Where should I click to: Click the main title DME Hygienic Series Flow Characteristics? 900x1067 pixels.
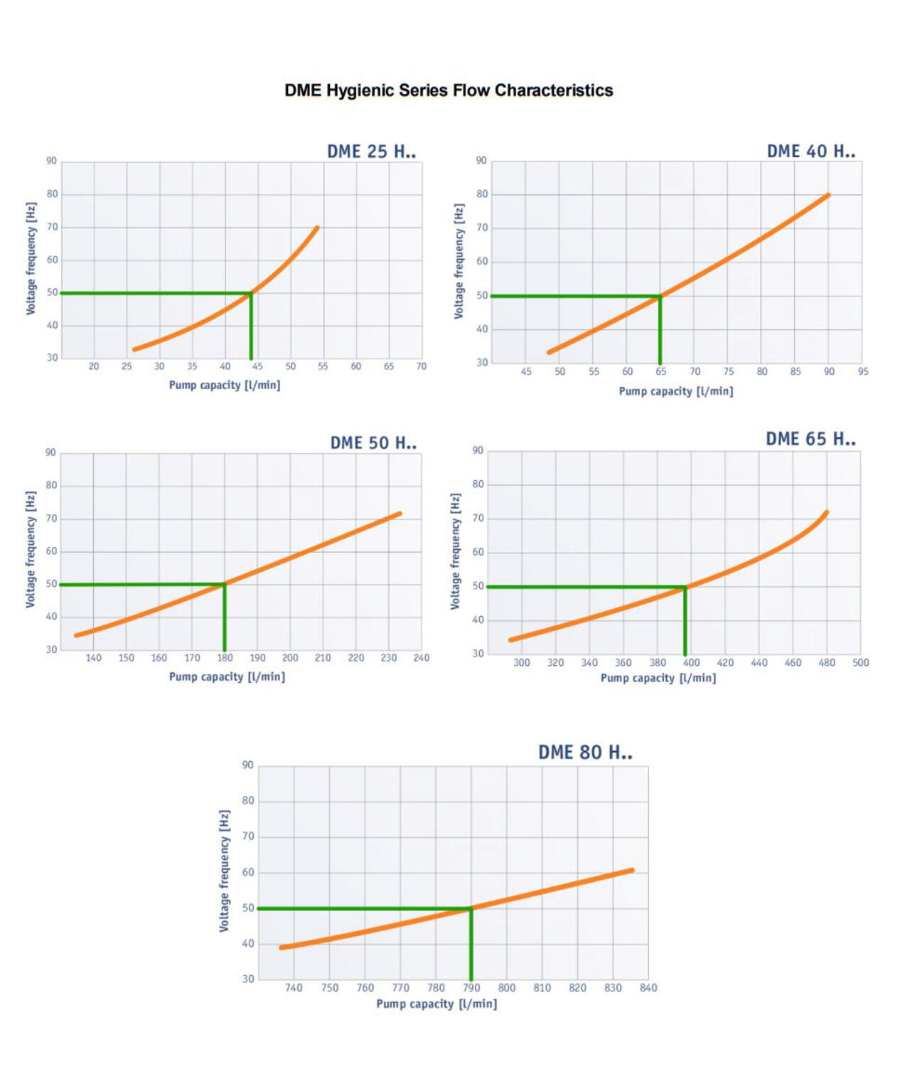click(449, 90)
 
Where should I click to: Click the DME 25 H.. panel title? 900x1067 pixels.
click(371, 152)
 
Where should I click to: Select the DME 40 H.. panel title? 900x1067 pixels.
click(810, 152)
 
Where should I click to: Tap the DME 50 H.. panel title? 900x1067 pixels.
click(373, 442)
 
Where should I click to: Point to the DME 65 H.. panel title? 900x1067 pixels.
click(810, 439)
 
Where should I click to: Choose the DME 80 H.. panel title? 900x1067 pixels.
click(585, 753)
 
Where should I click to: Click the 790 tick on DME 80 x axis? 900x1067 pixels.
click(471, 987)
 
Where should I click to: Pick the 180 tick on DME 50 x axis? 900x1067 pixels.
click(225, 658)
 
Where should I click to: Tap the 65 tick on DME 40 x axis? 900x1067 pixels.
click(660, 371)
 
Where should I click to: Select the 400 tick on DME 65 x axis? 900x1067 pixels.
click(691, 662)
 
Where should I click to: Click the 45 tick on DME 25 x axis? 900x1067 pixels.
click(257, 366)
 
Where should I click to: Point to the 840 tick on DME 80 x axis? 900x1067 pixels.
click(648, 987)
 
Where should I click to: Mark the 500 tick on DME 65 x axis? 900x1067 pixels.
click(860, 662)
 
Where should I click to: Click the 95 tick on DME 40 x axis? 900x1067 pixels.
click(862, 371)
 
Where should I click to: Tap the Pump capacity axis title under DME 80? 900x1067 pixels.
click(436, 1004)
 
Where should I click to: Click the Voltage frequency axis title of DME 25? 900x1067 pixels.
click(31, 259)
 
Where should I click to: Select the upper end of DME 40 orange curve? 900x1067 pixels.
click(827, 195)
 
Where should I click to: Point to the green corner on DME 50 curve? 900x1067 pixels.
click(225, 585)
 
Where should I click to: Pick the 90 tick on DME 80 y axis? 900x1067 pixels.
click(247, 765)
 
